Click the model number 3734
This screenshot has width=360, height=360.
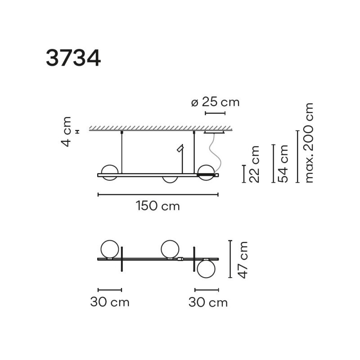(x=73, y=58)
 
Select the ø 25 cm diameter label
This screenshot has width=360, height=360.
(x=215, y=102)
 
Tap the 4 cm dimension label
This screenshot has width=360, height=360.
(x=67, y=131)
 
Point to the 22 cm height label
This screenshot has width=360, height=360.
(x=255, y=163)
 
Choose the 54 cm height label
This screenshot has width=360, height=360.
(x=283, y=163)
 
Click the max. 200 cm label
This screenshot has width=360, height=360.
(x=309, y=143)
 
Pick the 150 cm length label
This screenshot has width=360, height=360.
(x=157, y=206)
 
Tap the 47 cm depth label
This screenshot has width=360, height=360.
(x=243, y=259)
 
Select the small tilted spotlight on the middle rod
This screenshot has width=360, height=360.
(x=180, y=148)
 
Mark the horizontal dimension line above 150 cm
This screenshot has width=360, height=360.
(x=158, y=195)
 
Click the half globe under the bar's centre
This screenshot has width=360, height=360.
(x=170, y=179)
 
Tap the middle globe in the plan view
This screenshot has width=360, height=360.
(x=171, y=249)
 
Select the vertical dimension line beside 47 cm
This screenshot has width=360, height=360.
(x=230, y=259)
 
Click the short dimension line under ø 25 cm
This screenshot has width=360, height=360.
(x=215, y=113)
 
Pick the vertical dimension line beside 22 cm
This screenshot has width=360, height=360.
(x=244, y=174)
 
